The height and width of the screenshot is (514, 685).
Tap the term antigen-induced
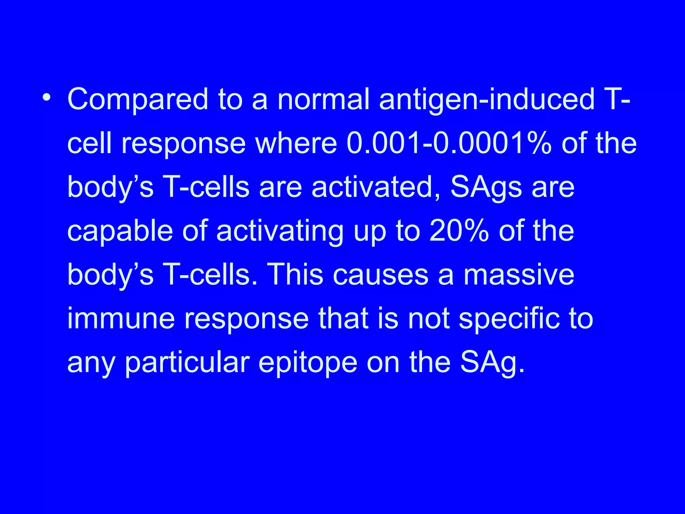[x=487, y=100]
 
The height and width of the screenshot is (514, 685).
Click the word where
[x=296, y=143]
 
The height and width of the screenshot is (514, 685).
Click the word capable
[x=120, y=232]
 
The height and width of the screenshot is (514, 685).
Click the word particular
[x=187, y=363]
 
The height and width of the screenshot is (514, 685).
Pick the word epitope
[x=308, y=363]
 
